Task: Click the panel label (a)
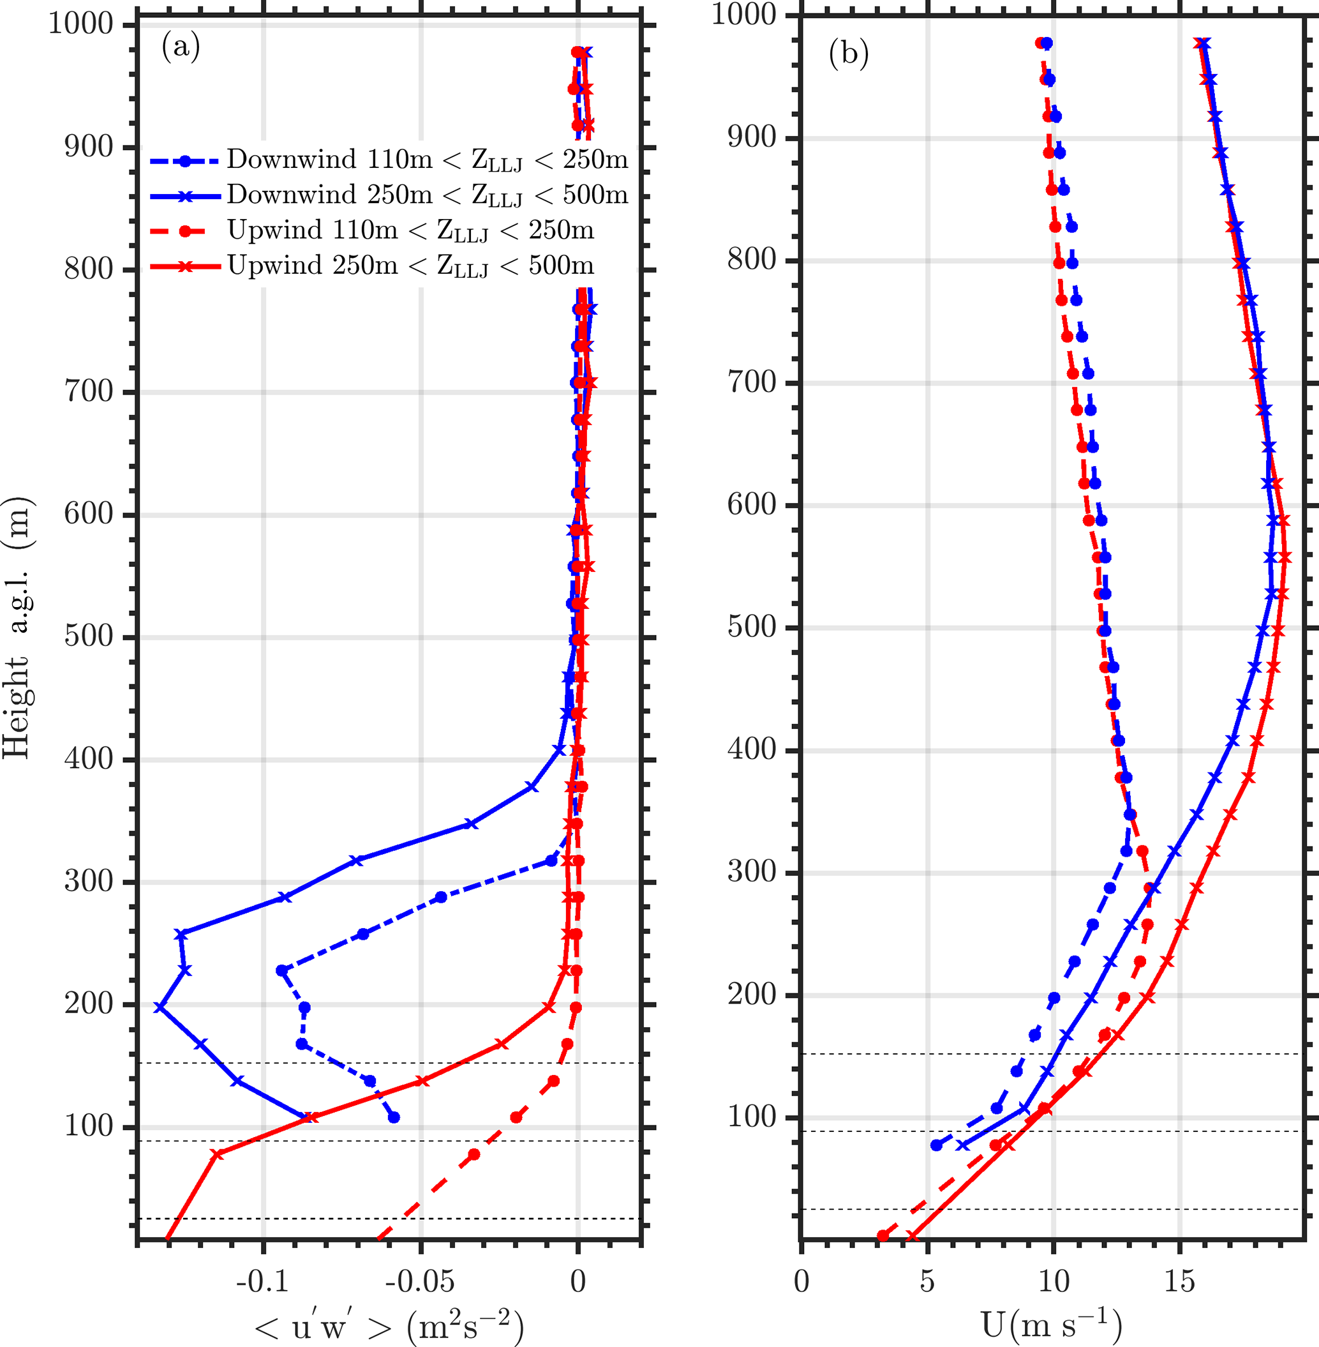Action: click(x=181, y=47)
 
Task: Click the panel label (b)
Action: click(x=849, y=55)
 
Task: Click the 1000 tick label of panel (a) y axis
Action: click(x=80, y=24)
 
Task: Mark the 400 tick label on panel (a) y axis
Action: click(x=89, y=760)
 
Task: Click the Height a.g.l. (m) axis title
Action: click(x=17, y=628)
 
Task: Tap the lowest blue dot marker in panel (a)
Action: click(x=394, y=1117)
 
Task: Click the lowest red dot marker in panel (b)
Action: click(x=883, y=1235)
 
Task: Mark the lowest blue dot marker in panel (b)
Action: click(x=937, y=1145)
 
